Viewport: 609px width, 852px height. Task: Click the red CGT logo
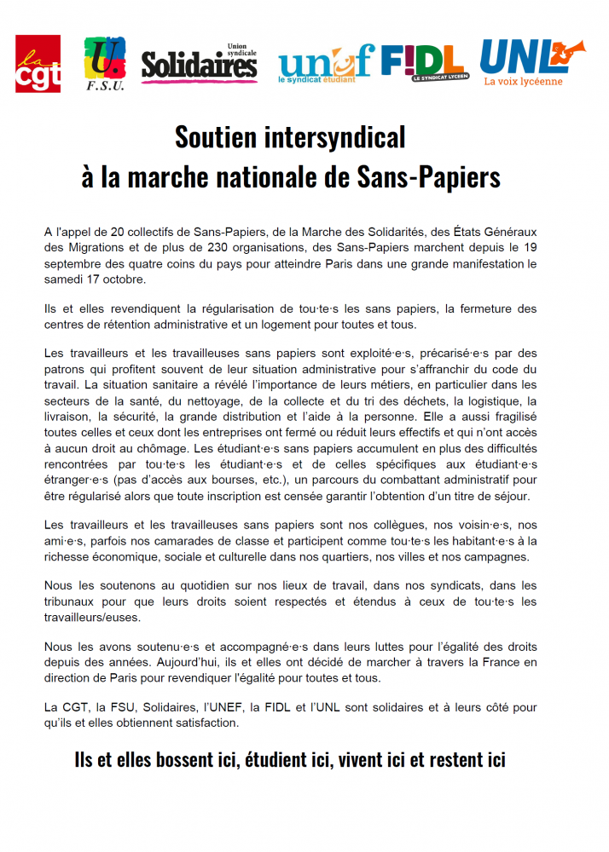tap(38, 63)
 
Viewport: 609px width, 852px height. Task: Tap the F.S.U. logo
tap(105, 63)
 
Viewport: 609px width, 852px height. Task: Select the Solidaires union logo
tap(199, 63)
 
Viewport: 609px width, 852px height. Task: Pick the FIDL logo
tap(423, 61)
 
